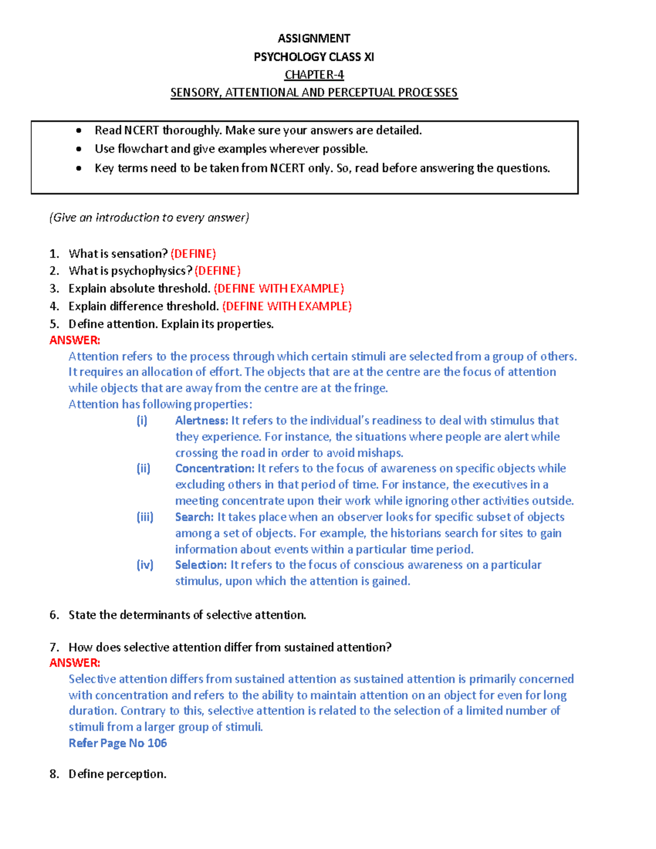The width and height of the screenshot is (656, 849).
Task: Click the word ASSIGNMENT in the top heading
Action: pos(314,38)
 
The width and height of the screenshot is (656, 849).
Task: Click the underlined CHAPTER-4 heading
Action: pos(314,75)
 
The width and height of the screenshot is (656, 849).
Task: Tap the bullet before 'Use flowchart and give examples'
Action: pos(79,149)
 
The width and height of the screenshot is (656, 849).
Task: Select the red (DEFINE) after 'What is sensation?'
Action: pos(193,254)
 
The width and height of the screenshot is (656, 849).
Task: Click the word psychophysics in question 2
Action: pos(156,271)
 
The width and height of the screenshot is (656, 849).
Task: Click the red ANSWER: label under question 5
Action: pos(75,340)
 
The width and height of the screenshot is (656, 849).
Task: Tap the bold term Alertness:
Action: pos(201,420)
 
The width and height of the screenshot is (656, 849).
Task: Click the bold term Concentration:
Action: pos(214,469)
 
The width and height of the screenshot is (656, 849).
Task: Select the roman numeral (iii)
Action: pos(145,517)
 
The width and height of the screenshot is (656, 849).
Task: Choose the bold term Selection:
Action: pos(200,565)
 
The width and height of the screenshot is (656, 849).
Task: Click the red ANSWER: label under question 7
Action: pos(75,663)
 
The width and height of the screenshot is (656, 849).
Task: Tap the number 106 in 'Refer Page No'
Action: pos(157,743)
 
